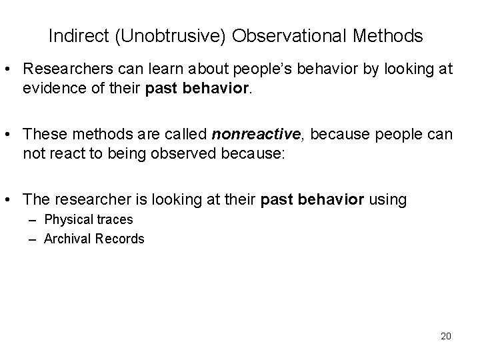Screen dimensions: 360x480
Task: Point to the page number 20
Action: (x=445, y=335)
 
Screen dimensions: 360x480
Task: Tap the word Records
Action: (x=121, y=238)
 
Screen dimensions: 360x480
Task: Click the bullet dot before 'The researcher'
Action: (x=13, y=199)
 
